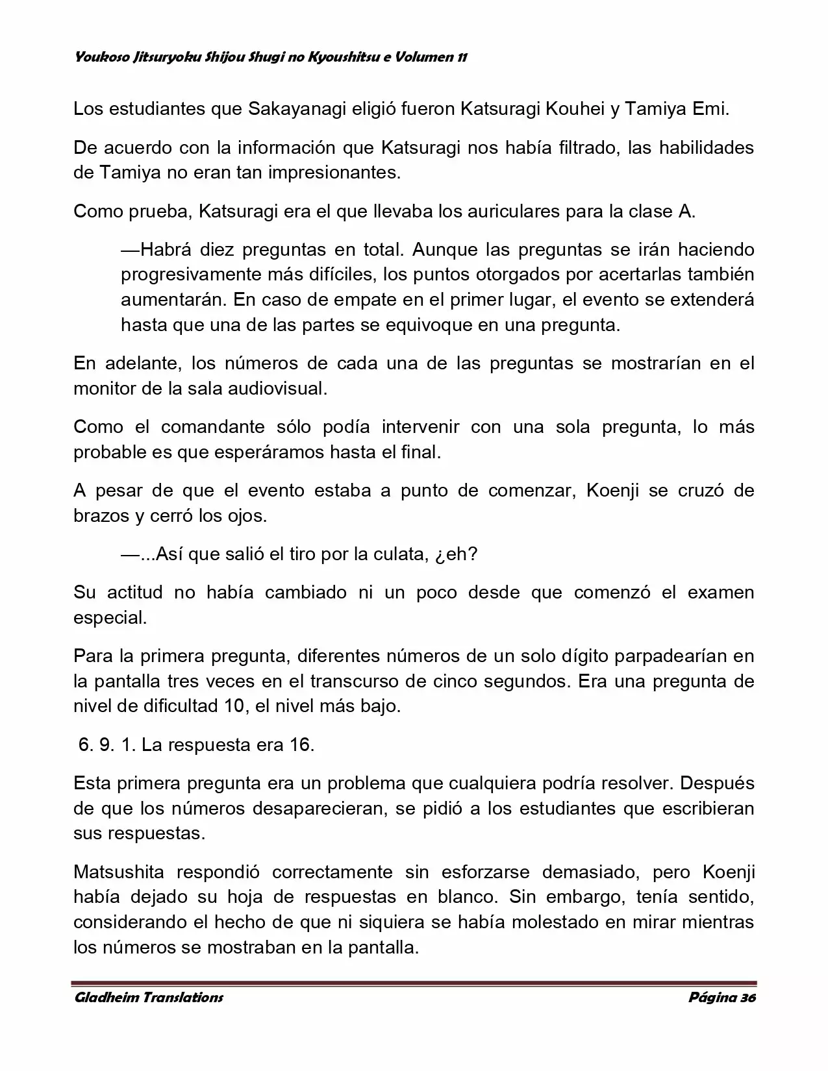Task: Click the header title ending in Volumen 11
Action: point(271,58)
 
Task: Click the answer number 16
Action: point(301,745)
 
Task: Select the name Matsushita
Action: point(124,873)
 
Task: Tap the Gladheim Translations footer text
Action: point(149,998)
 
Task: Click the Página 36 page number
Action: point(721,998)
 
